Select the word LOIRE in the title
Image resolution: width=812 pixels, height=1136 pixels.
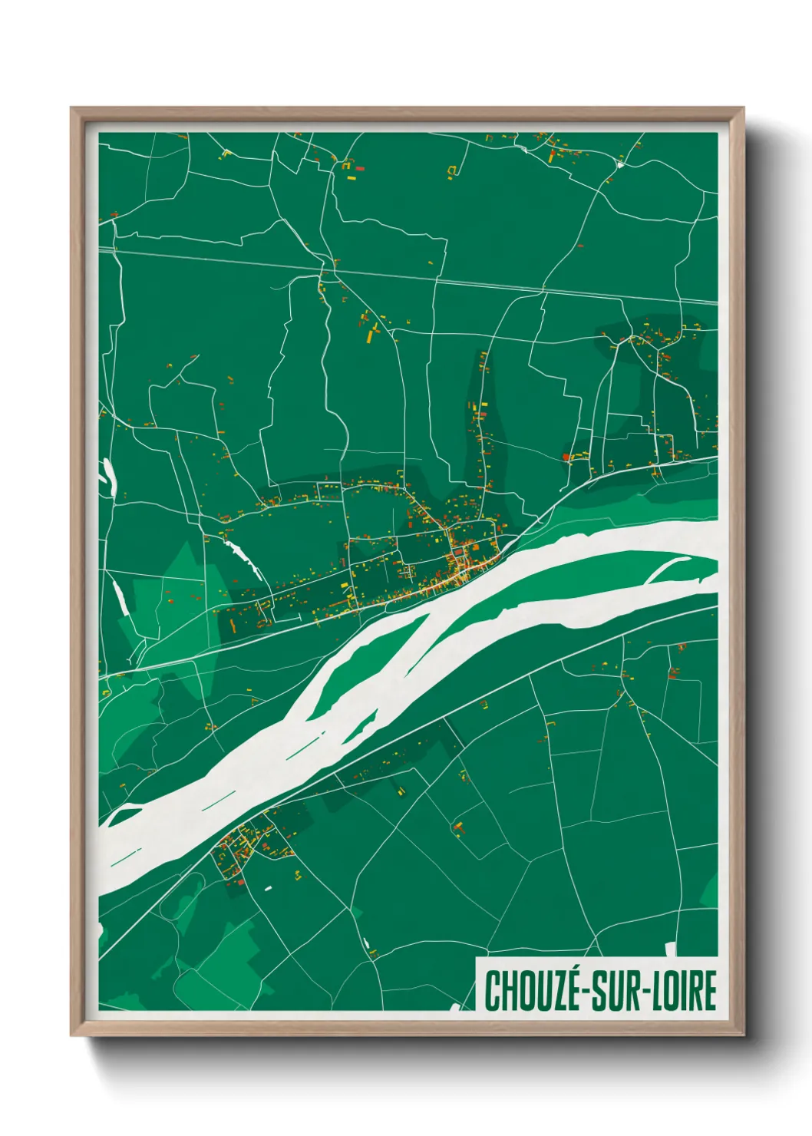click(685, 991)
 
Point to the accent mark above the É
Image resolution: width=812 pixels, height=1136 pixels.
click(572, 969)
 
